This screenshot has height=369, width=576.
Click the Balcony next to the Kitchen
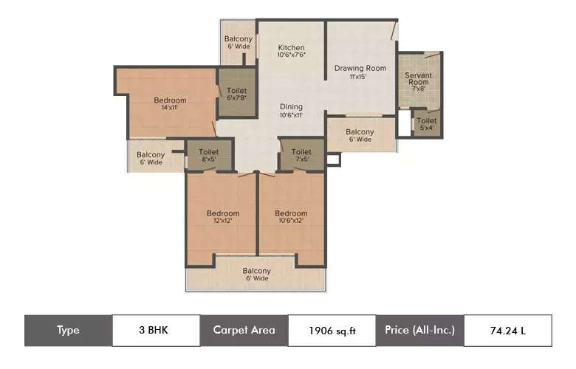pyautogui.click(x=239, y=43)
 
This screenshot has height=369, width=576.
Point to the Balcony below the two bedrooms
pyautogui.click(x=256, y=275)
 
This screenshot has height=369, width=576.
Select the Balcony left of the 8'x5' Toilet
pyautogui.click(x=150, y=159)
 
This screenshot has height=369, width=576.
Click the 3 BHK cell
pyautogui.click(x=156, y=330)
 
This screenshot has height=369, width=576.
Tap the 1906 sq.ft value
pyautogui.click(x=332, y=331)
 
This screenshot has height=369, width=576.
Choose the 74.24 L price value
pyautogui.click(x=507, y=331)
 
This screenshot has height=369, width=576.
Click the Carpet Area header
pyautogui.click(x=244, y=330)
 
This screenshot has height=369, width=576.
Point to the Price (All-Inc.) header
pyautogui.click(x=419, y=330)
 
